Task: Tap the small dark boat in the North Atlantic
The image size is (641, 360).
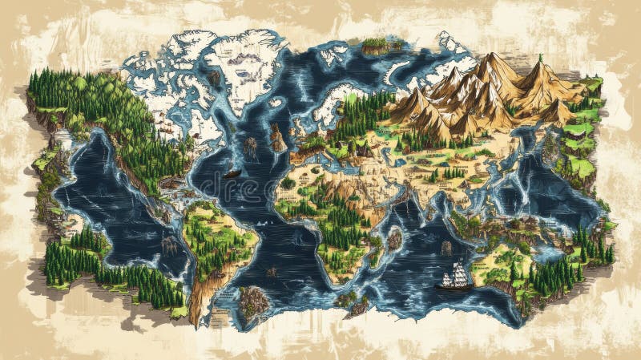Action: pyautogui.click(x=232, y=172)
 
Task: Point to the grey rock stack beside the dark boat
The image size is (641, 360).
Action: pyautogui.click(x=250, y=148)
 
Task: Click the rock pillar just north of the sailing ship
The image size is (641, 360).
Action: pyautogui.click(x=446, y=248)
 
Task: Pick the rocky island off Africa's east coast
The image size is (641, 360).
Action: pyautogui.click(x=393, y=237)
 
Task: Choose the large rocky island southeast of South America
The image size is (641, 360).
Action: pyautogui.click(x=254, y=302)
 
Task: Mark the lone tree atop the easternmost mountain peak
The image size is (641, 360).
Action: pyautogui.click(x=540, y=58)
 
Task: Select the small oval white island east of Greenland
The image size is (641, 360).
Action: pyautogui.click(x=276, y=103)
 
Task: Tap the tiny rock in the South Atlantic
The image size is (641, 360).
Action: pyautogui.click(x=272, y=272)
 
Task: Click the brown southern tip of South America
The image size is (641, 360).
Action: pyautogui.click(x=195, y=317)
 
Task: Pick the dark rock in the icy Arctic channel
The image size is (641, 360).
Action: pyautogui.click(x=215, y=78)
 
